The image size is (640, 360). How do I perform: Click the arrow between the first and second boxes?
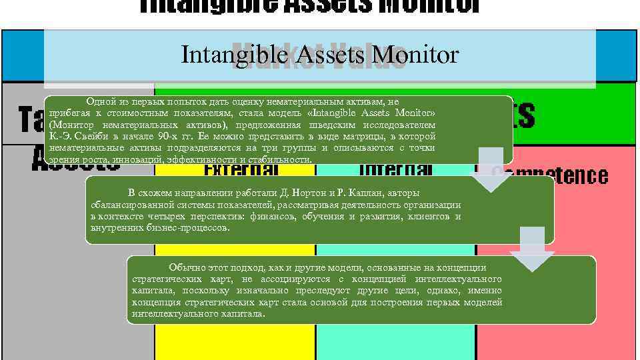(492, 170)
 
